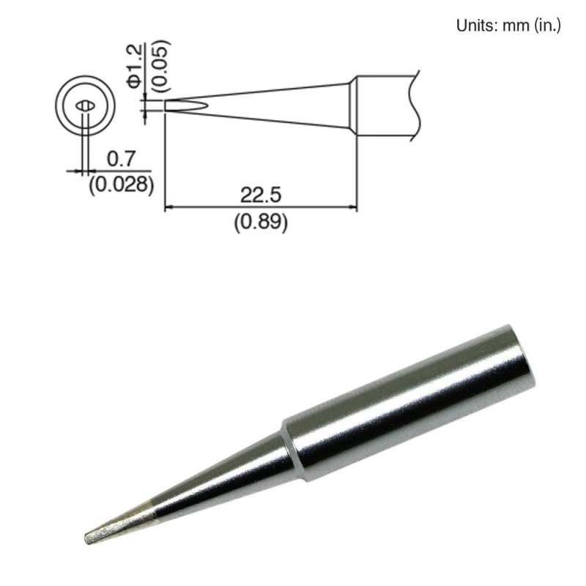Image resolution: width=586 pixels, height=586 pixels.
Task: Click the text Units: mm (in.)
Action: pyautogui.click(x=508, y=26)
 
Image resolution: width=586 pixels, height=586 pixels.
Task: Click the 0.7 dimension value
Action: pyautogui.click(x=119, y=157)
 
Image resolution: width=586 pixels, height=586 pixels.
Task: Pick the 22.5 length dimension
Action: pyautogui.click(x=260, y=196)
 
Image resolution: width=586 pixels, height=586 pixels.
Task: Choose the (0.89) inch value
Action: pyautogui.click(x=260, y=222)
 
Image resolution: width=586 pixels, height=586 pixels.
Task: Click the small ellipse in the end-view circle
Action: pyautogui.click(x=85, y=105)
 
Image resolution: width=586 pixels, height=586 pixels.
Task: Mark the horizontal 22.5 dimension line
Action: pyautogui.click(x=260, y=208)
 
